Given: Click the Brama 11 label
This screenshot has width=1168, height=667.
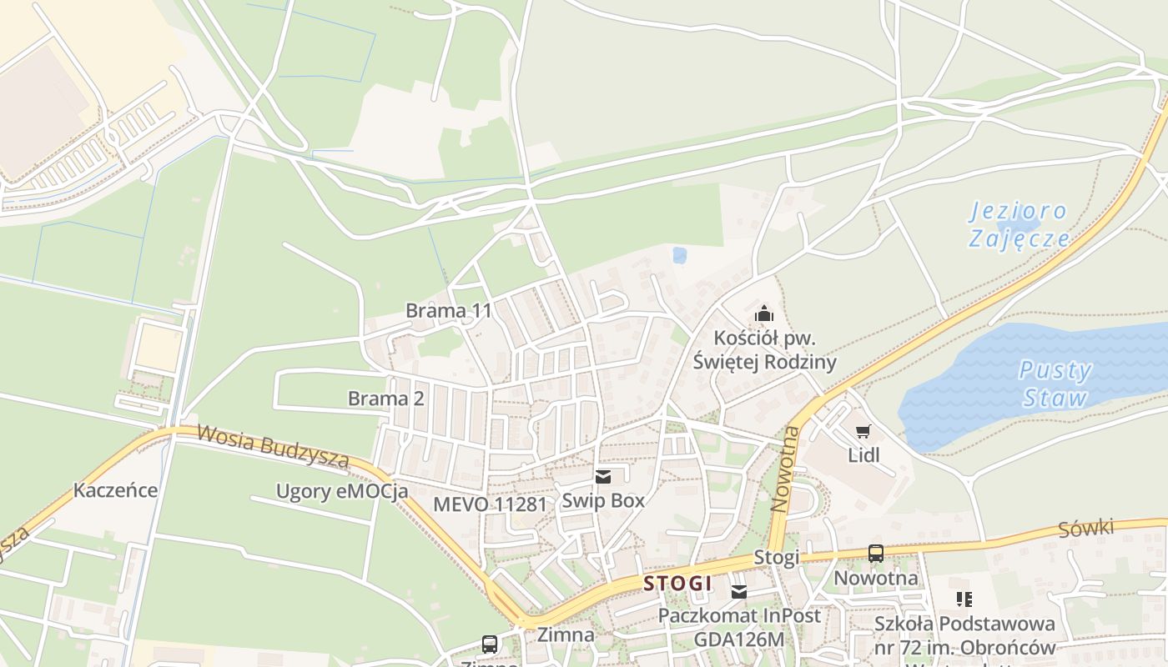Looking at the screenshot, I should click(x=448, y=311).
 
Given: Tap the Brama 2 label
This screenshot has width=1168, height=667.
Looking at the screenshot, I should click(x=385, y=399).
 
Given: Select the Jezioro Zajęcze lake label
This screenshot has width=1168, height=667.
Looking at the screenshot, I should click(x=1019, y=225).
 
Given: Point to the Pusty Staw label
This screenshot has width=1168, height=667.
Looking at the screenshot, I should click(x=1055, y=384).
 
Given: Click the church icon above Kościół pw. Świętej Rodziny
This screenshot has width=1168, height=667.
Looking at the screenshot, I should click(x=763, y=314).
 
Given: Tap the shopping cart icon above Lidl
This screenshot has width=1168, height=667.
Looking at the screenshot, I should click(x=863, y=431).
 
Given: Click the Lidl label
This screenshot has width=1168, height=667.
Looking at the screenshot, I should click(x=863, y=455).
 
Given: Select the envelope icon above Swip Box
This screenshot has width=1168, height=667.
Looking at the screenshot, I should click(x=603, y=477).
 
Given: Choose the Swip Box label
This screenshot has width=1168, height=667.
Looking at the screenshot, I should click(x=603, y=500).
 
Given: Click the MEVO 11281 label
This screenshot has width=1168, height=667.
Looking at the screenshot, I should click(x=490, y=504).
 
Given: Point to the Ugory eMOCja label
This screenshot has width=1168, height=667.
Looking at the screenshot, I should click(x=342, y=491).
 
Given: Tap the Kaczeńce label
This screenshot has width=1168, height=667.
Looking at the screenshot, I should click(x=115, y=489).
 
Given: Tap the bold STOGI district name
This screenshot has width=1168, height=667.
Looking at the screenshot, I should click(x=677, y=584).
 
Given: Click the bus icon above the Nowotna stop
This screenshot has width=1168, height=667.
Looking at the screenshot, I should click(x=875, y=553).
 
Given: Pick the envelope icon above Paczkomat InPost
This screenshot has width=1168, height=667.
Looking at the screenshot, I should click(x=738, y=592).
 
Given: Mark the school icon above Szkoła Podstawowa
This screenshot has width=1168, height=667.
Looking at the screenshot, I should click(x=964, y=599).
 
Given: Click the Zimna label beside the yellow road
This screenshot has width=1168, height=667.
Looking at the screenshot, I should click(x=566, y=634).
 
